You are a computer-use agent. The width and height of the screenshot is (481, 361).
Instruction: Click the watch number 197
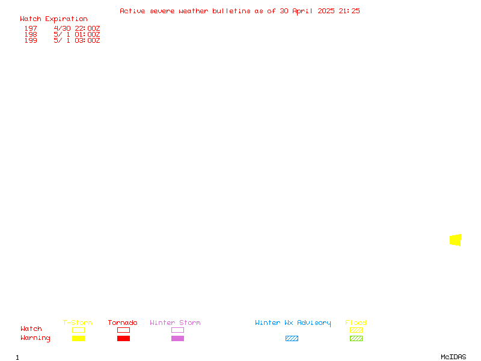pos(31,28)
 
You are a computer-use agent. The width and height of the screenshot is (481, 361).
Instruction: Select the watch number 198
pos(31,34)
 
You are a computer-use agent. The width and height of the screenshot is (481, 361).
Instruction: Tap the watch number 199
pos(31,40)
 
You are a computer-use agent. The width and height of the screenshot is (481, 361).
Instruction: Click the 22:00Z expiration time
pos(87,28)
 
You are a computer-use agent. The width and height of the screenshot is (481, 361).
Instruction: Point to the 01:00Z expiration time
pos(87,34)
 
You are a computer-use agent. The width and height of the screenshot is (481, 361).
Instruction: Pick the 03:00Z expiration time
pos(87,40)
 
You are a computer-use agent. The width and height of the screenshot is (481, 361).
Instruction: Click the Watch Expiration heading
pos(54,19)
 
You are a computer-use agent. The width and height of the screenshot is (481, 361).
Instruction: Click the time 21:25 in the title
pos(349,11)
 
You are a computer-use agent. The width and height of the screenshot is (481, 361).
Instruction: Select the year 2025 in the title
pos(326,11)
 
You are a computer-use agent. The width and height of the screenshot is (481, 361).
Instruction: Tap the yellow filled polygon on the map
pos(456,240)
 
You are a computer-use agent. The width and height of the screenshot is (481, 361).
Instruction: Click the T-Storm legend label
pos(78,322)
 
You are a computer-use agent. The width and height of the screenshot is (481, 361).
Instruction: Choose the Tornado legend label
pos(123,322)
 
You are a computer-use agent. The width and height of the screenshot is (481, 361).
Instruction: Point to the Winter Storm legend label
pos(175,322)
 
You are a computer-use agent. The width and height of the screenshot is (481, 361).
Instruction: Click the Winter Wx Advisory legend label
pos(293,323)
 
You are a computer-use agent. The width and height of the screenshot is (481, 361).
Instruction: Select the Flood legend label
pos(356,322)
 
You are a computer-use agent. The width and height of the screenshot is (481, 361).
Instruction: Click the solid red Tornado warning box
pos(124,338)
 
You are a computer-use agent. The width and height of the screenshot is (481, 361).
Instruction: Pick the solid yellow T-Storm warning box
pos(79,338)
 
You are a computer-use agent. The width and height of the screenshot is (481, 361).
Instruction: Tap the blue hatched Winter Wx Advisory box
pos(292,338)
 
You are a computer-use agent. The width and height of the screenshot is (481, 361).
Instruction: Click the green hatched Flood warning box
pos(356,338)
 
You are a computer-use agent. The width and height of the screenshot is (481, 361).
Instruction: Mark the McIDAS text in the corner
pos(453,357)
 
